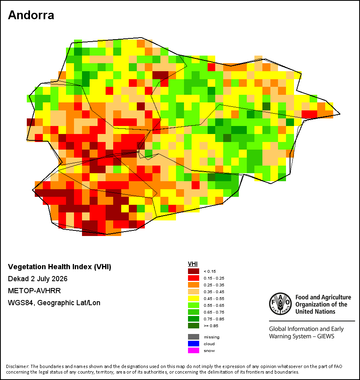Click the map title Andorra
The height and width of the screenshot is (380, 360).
(31, 15)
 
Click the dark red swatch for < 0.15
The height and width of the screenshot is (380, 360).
(194, 271)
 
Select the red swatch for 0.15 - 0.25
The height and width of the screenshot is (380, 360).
(194, 278)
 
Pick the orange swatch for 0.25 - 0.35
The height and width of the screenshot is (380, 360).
(194, 285)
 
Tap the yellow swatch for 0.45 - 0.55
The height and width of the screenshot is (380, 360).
(194, 298)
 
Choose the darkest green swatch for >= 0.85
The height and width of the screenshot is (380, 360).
(194, 326)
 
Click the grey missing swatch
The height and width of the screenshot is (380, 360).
(194, 337)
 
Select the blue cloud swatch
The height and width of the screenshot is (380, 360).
(194, 344)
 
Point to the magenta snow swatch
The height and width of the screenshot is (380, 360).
(194, 350)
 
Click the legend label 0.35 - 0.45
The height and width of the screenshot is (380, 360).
(214, 292)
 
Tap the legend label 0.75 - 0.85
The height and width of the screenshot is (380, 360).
(214, 319)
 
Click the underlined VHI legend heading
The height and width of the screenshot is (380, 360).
(193, 264)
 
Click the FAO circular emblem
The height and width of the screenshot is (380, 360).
(280, 304)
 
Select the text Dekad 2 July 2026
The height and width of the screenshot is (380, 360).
(38, 279)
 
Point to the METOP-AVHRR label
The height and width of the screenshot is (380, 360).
(34, 290)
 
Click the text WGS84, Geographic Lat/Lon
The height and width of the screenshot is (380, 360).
(54, 303)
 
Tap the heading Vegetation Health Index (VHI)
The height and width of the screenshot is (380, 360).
(60, 267)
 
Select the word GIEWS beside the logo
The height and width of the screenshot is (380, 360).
(326, 336)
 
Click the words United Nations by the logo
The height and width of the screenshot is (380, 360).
(315, 312)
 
